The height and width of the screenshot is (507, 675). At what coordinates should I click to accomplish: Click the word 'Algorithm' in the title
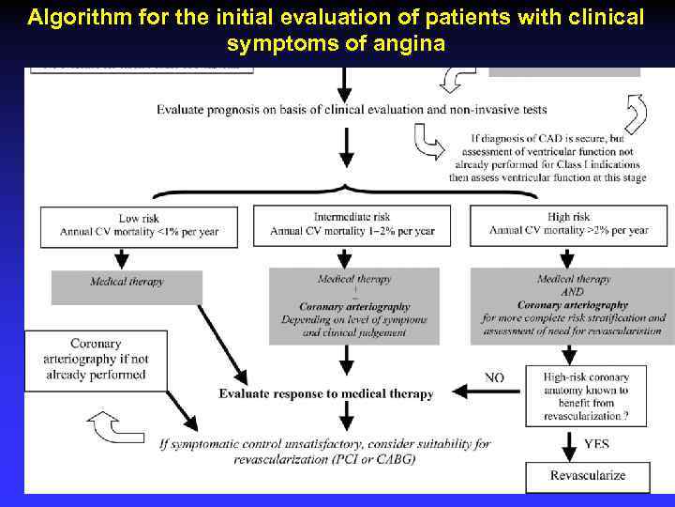(73, 17)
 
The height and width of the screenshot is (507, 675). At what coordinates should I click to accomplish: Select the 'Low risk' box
(138, 224)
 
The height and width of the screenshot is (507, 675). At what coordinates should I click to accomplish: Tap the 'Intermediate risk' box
(352, 224)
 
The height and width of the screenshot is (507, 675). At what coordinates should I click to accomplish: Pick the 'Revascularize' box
(587, 475)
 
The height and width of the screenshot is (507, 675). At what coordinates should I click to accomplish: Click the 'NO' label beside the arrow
(494, 377)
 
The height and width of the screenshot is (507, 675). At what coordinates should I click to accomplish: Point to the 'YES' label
(596, 442)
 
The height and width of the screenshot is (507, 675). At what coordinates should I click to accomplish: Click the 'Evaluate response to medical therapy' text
(325, 394)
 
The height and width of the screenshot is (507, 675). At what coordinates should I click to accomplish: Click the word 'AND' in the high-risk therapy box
(573, 292)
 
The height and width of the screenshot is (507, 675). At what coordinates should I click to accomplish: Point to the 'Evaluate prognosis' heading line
(352, 109)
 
